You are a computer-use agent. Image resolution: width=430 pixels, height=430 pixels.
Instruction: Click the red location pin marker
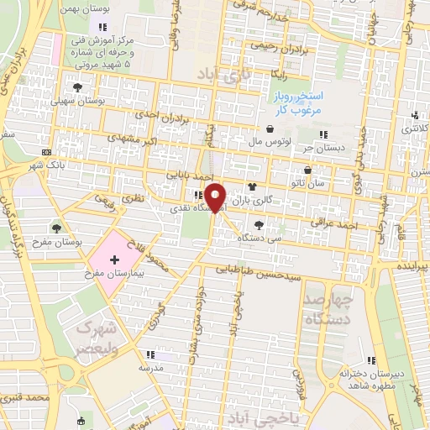point(217,197)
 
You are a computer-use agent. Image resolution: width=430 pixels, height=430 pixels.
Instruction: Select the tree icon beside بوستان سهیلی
point(78,87)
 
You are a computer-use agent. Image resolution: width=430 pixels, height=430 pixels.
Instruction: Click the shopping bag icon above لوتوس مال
point(270,129)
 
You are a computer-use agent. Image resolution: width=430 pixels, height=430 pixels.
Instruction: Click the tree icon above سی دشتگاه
point(259,224)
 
